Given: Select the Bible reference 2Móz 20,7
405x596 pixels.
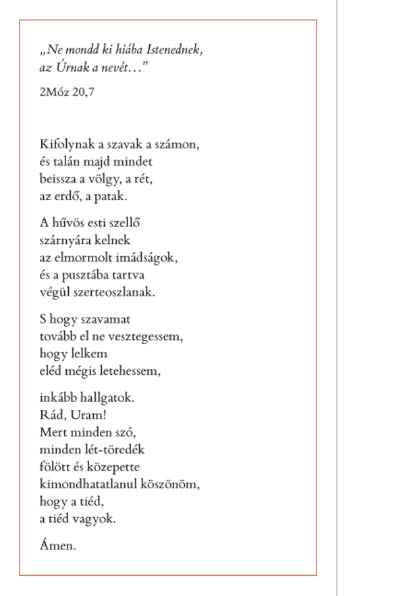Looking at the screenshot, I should click(67, 92).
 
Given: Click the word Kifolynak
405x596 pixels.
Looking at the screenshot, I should click(63, 145).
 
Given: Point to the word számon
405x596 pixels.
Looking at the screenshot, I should click(180, 145).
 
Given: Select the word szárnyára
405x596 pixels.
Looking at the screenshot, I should click(67, 241).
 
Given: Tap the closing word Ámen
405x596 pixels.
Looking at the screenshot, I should click(58, 546).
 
